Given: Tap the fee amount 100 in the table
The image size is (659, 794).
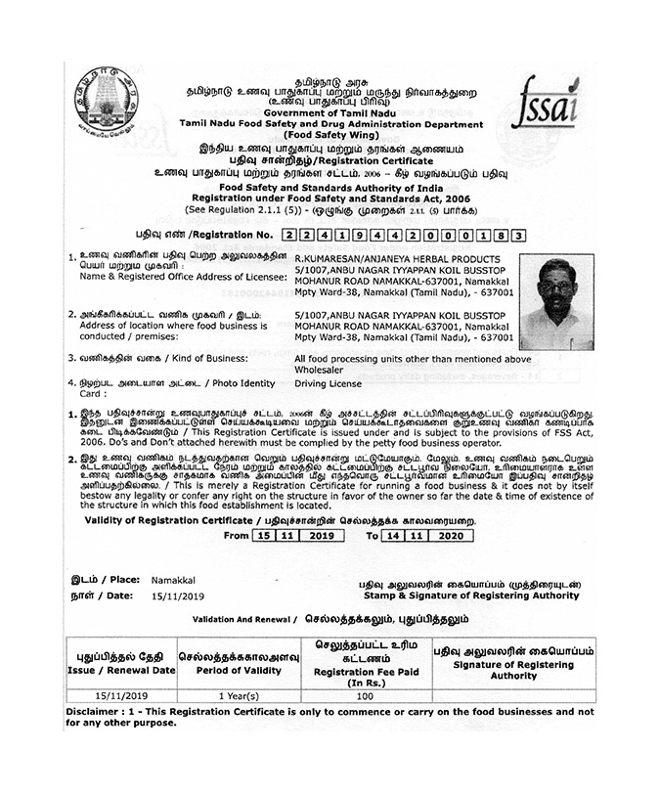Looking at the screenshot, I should [366, 695].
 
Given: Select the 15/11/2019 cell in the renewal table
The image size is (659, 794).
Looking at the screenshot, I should [120, 695].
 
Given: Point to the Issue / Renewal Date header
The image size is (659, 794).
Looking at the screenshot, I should [121, 670].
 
